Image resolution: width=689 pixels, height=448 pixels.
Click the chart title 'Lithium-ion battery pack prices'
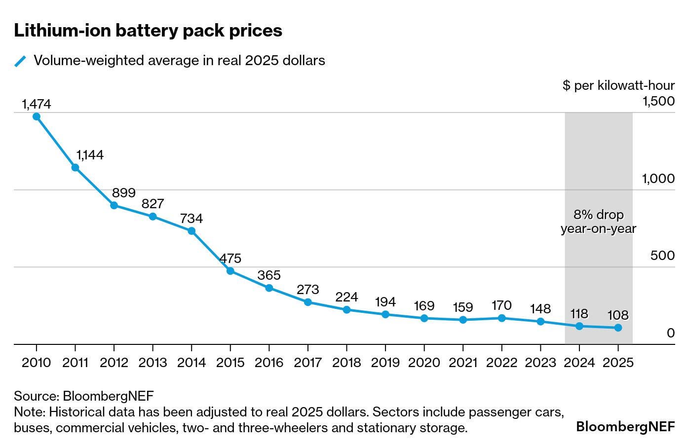tap(148, 31)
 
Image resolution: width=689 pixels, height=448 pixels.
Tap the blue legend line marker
tap(20, 61)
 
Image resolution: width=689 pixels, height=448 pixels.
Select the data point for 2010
tap(37, 116)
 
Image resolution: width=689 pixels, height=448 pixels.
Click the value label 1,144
tap(89, 155)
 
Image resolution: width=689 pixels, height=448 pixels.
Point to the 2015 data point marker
tap(230, 271)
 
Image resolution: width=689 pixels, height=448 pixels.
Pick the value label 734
tap(191, 219)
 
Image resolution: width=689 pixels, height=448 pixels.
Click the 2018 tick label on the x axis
tap(346, 363)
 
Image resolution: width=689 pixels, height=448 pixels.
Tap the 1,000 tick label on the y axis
tap(658, 179)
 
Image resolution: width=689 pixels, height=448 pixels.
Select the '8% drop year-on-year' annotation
tap(598, 222)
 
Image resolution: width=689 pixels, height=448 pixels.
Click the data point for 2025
tap(618, 328)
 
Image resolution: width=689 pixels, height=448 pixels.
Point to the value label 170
tap(501, 305)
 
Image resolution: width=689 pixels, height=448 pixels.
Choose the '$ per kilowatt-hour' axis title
tap(618, 85)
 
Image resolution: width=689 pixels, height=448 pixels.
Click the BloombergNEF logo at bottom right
tap(625, 426)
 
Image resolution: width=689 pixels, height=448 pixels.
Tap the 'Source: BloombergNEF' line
tap(84, 396)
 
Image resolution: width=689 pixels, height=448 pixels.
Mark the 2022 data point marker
tap(502, 318)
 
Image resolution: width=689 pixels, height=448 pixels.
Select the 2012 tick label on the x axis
tap(114, 363)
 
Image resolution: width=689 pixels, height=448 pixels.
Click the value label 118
tap(579, 314)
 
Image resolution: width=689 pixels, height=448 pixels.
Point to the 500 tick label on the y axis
tap(662, 256)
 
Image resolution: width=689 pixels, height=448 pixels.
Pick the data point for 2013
tap(153, 217)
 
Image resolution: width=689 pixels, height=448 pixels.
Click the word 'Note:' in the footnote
tap(30, 411)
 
